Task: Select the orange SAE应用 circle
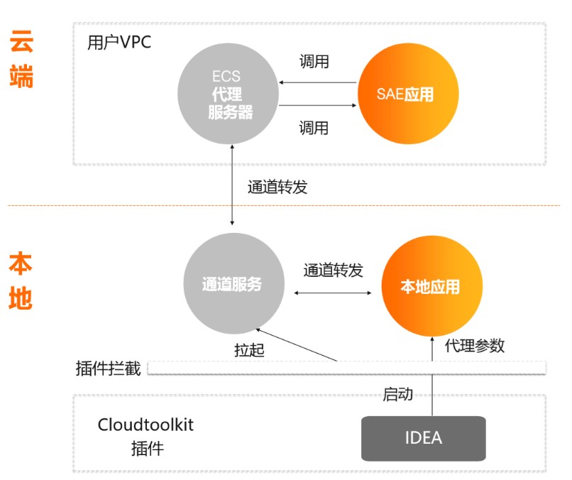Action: [x=405, y=94]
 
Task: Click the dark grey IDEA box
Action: [x=424, y=438]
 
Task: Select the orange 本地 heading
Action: [x=21, y=280]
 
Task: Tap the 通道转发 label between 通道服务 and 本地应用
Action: [x=333, y=271]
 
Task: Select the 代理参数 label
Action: [x=475, y=347]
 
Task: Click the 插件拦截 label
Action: [x=108, y=369]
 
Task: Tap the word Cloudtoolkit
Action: [x=145, y=425]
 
